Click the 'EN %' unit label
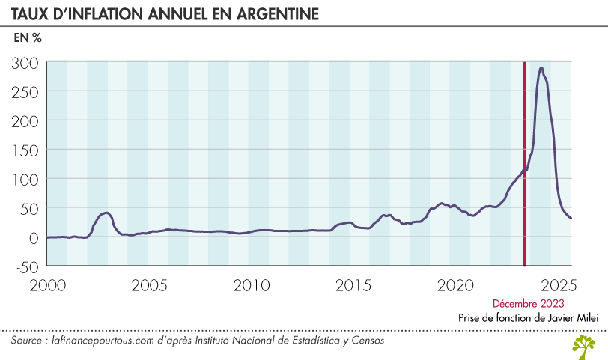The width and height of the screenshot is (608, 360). click(28, 37)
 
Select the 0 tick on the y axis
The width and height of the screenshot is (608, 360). click(34, 237)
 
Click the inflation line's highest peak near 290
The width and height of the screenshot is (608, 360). click(541, 68)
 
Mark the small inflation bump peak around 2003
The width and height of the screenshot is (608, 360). click(106, 213)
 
